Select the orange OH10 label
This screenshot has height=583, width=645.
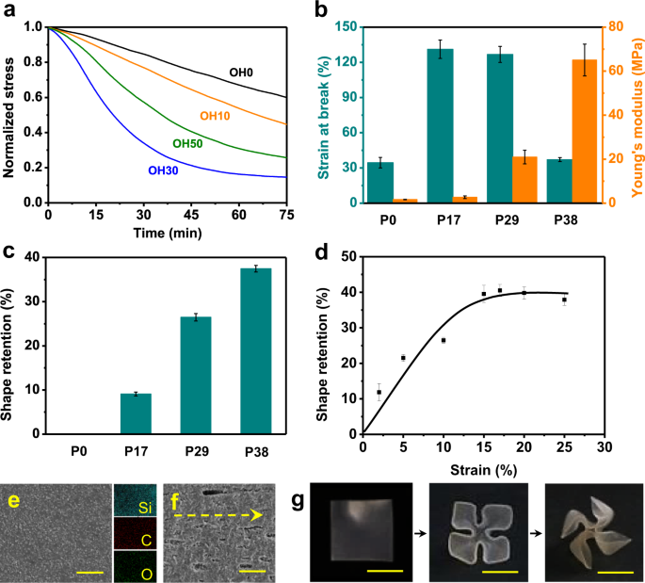pyautogui.click(x=216, y=116)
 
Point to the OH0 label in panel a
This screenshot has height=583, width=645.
pyautogui.click(x=244, y=72)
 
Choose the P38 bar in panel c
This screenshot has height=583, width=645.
pyautogui.click(x=255, y=351)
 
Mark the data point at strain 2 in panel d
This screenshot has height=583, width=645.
pyautogui.click(x=379, y=392)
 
